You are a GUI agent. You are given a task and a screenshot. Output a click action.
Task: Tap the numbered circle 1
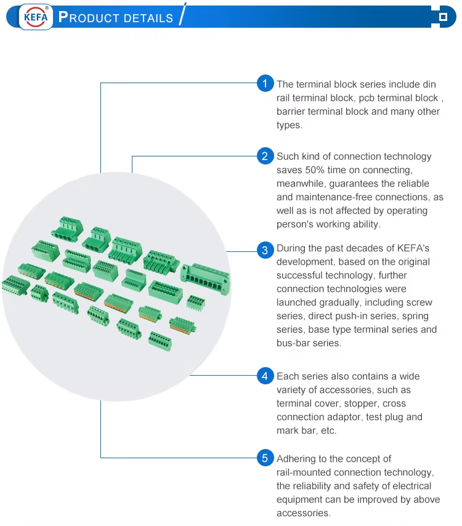(265, 83)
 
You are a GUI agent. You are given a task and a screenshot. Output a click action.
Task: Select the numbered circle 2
(265, 156)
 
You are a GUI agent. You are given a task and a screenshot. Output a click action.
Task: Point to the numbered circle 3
(265, 249)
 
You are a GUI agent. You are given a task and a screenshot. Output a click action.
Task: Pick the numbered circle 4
(265, 376)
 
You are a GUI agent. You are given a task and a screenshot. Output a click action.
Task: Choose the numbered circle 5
(265, 458)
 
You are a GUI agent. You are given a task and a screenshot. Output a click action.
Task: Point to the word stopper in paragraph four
(360, 403)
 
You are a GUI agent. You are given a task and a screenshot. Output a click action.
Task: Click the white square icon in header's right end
(442, 17)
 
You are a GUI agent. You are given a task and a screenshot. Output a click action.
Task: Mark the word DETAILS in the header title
(148, 18)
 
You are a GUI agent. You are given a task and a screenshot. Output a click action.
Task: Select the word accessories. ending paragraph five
(303, 513)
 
